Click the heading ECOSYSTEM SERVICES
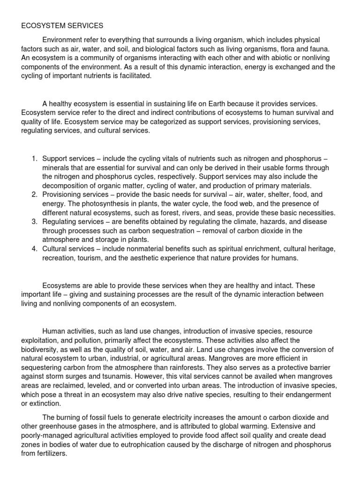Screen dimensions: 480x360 62,26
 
